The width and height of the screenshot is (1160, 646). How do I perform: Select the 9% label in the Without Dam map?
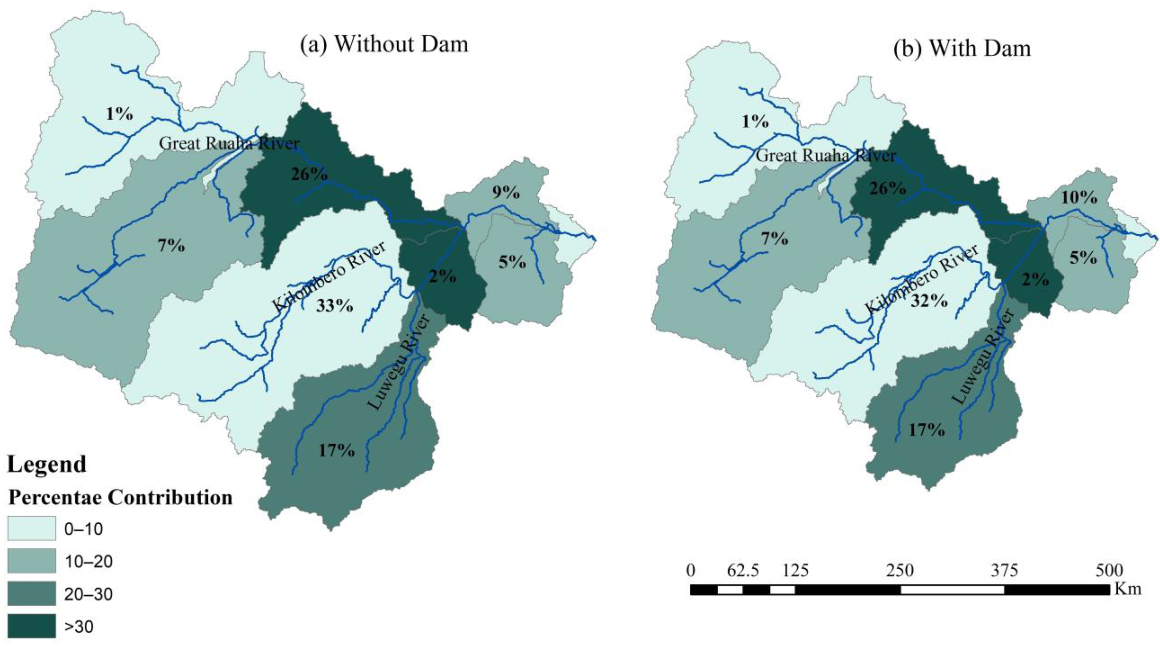506,193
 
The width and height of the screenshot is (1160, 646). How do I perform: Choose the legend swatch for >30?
31,626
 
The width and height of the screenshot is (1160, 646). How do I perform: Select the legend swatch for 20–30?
31,594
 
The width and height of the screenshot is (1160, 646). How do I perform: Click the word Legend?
47,464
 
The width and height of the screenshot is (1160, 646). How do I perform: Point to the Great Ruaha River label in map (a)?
229,143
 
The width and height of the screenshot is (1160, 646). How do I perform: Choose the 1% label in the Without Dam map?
119,114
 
